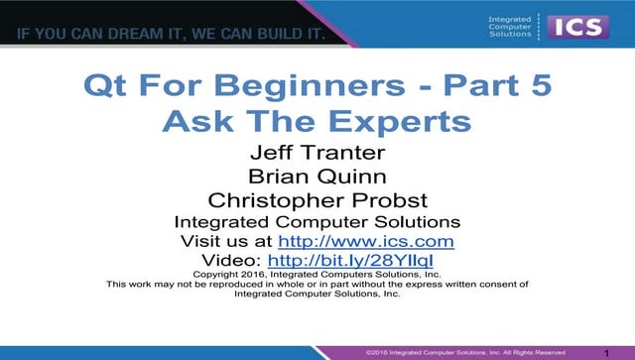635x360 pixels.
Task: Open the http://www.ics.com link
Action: point(366,241)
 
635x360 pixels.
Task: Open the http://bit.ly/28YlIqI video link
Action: point(366,261)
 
